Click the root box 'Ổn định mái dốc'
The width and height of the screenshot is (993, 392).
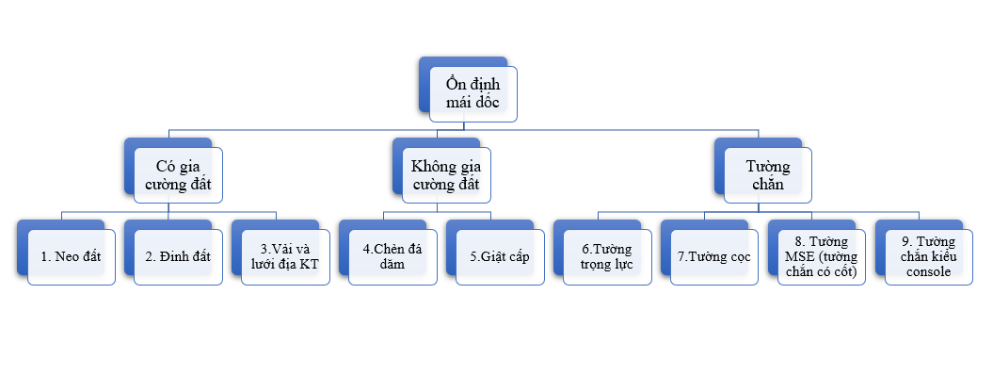[472, 93]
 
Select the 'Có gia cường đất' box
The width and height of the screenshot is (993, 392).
[178, 174]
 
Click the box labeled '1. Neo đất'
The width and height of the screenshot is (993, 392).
[72, 256]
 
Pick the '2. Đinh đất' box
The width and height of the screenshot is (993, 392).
[179, 256]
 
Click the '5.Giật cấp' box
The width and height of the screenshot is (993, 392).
[500, 256]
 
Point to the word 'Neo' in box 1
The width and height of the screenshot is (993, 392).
[67, 256]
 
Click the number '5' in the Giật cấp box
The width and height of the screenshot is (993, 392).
[473, 256]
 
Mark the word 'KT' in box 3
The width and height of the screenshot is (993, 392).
[309, 265]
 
